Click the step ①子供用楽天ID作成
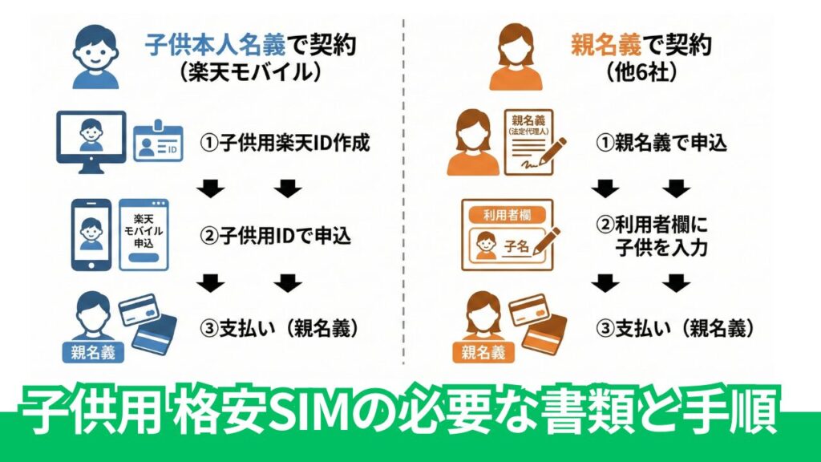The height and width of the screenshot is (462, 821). (x=285, y=144)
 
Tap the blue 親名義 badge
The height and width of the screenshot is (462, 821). (x=92, y=350)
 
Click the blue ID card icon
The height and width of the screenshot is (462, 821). (x=158, y=144)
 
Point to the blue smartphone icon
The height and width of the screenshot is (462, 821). (x=91, y=233)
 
